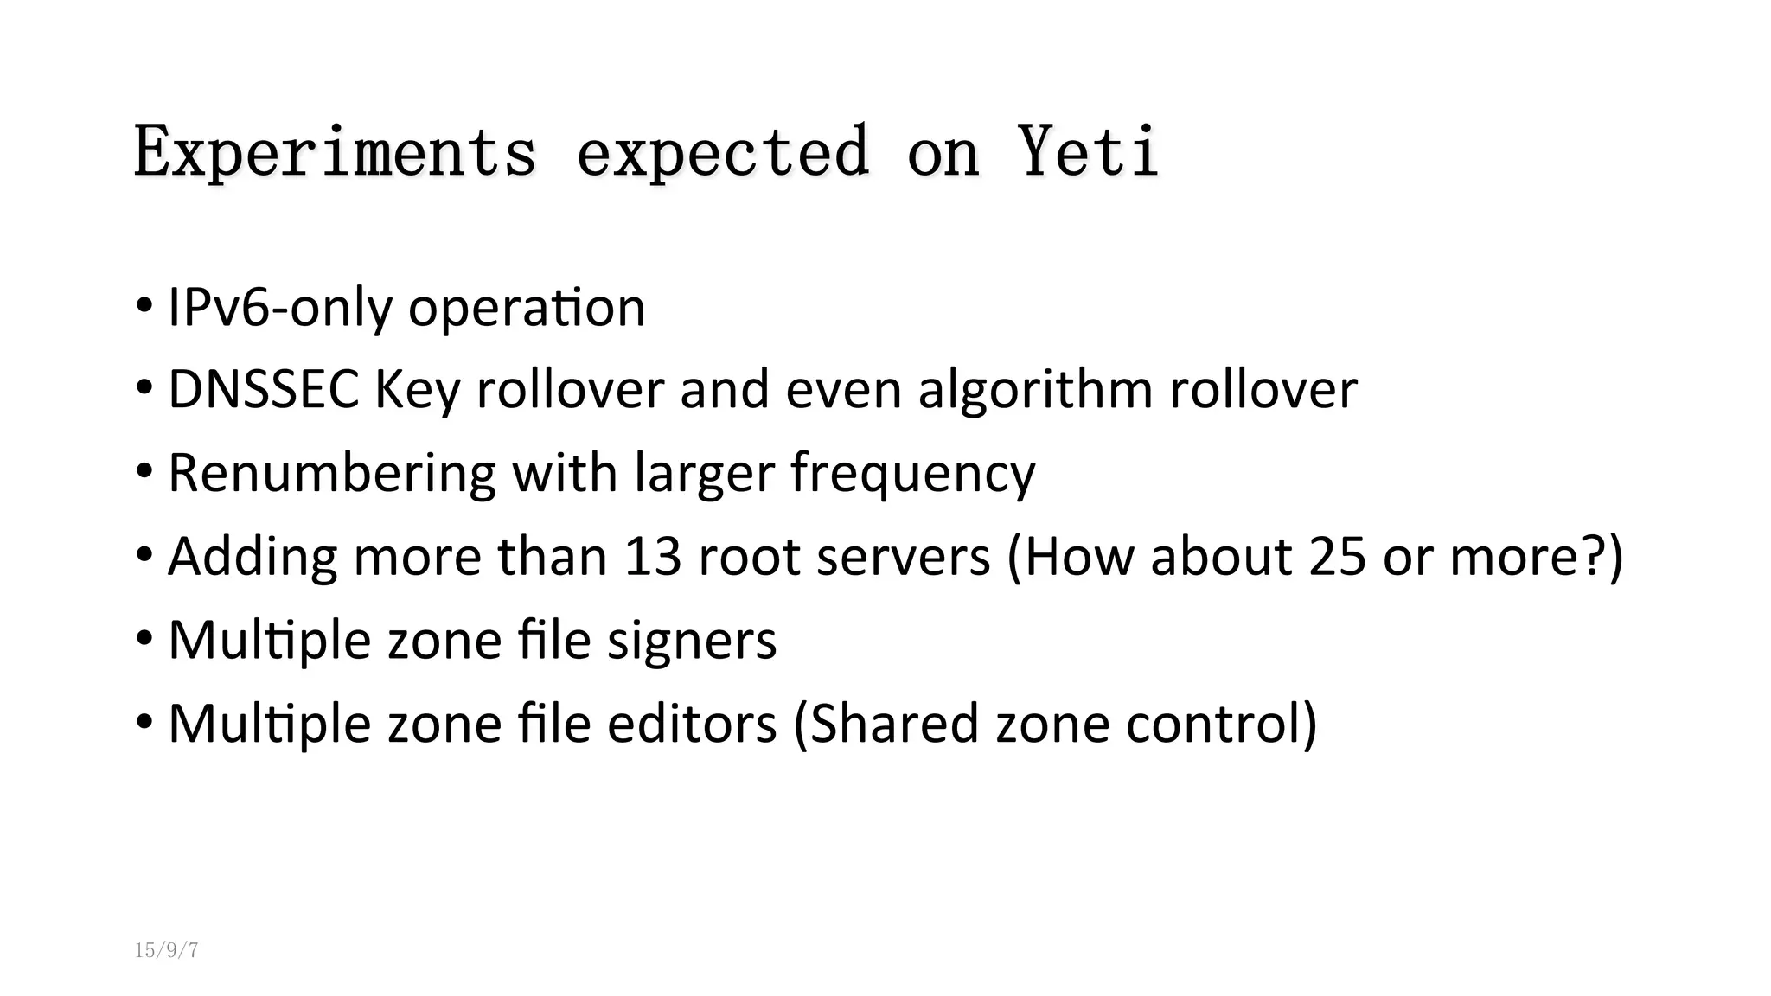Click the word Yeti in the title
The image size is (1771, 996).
pyautogui.click(x=1088, y=151)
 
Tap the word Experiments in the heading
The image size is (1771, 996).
pyautogui.click(x=335, y=151)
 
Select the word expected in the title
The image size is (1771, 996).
pyautogui.click(x=722, y=151)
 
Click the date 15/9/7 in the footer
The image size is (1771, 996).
pyautogui.click(x=167, y=951)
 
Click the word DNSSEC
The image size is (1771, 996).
pyautogui.click(x=263, y=389)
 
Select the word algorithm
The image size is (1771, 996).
pyautogui.click(x=1035, y=391)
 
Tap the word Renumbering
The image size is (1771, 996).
pyautogui.click(x=331, y=473)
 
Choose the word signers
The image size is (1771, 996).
pyautogui.click(x=691, y=641)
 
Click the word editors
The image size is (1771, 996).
pyautogui.click(x=691, y=723)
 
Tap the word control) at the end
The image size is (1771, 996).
pyautogui.click(x=1221, y=723)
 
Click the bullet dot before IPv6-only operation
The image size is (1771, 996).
pyautogui.click(x=144, y=307)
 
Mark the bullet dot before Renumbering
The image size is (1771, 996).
pyautogui.click(x=144, y=473)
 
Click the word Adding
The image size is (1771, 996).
pyautogui.click(x=253, y=556)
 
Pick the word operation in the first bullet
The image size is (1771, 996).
pyautogui.click(x=527, y=309)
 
